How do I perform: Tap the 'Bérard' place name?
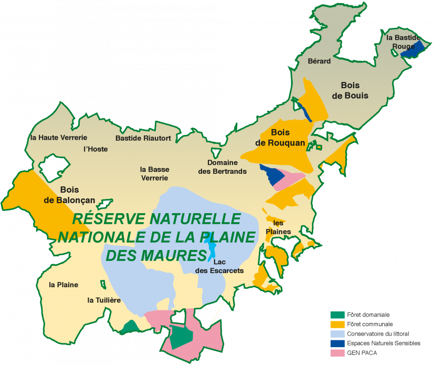click(x=319, y=61)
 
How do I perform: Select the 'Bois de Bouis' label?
click(x=354, y=90)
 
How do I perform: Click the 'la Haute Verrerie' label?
click(x=58, y=138)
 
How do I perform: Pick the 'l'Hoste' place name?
click(x=96, y=149)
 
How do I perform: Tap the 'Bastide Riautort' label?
click(x=143, y=138)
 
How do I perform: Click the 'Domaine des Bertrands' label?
click(x=223, y=167)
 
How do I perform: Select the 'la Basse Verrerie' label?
click(x=154, y=173)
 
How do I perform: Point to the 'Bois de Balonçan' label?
click(x=69, y=195)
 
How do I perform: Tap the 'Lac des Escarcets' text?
click(x=219, y=266)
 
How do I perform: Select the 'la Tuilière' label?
click(x=104, y=300)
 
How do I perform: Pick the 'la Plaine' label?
click(x=64, y=285)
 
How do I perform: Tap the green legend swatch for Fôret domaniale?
click(x=337, y=315)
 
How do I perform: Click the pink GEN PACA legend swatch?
click(x=337, y=353)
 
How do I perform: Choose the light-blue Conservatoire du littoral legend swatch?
click(x=337, y=334)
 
